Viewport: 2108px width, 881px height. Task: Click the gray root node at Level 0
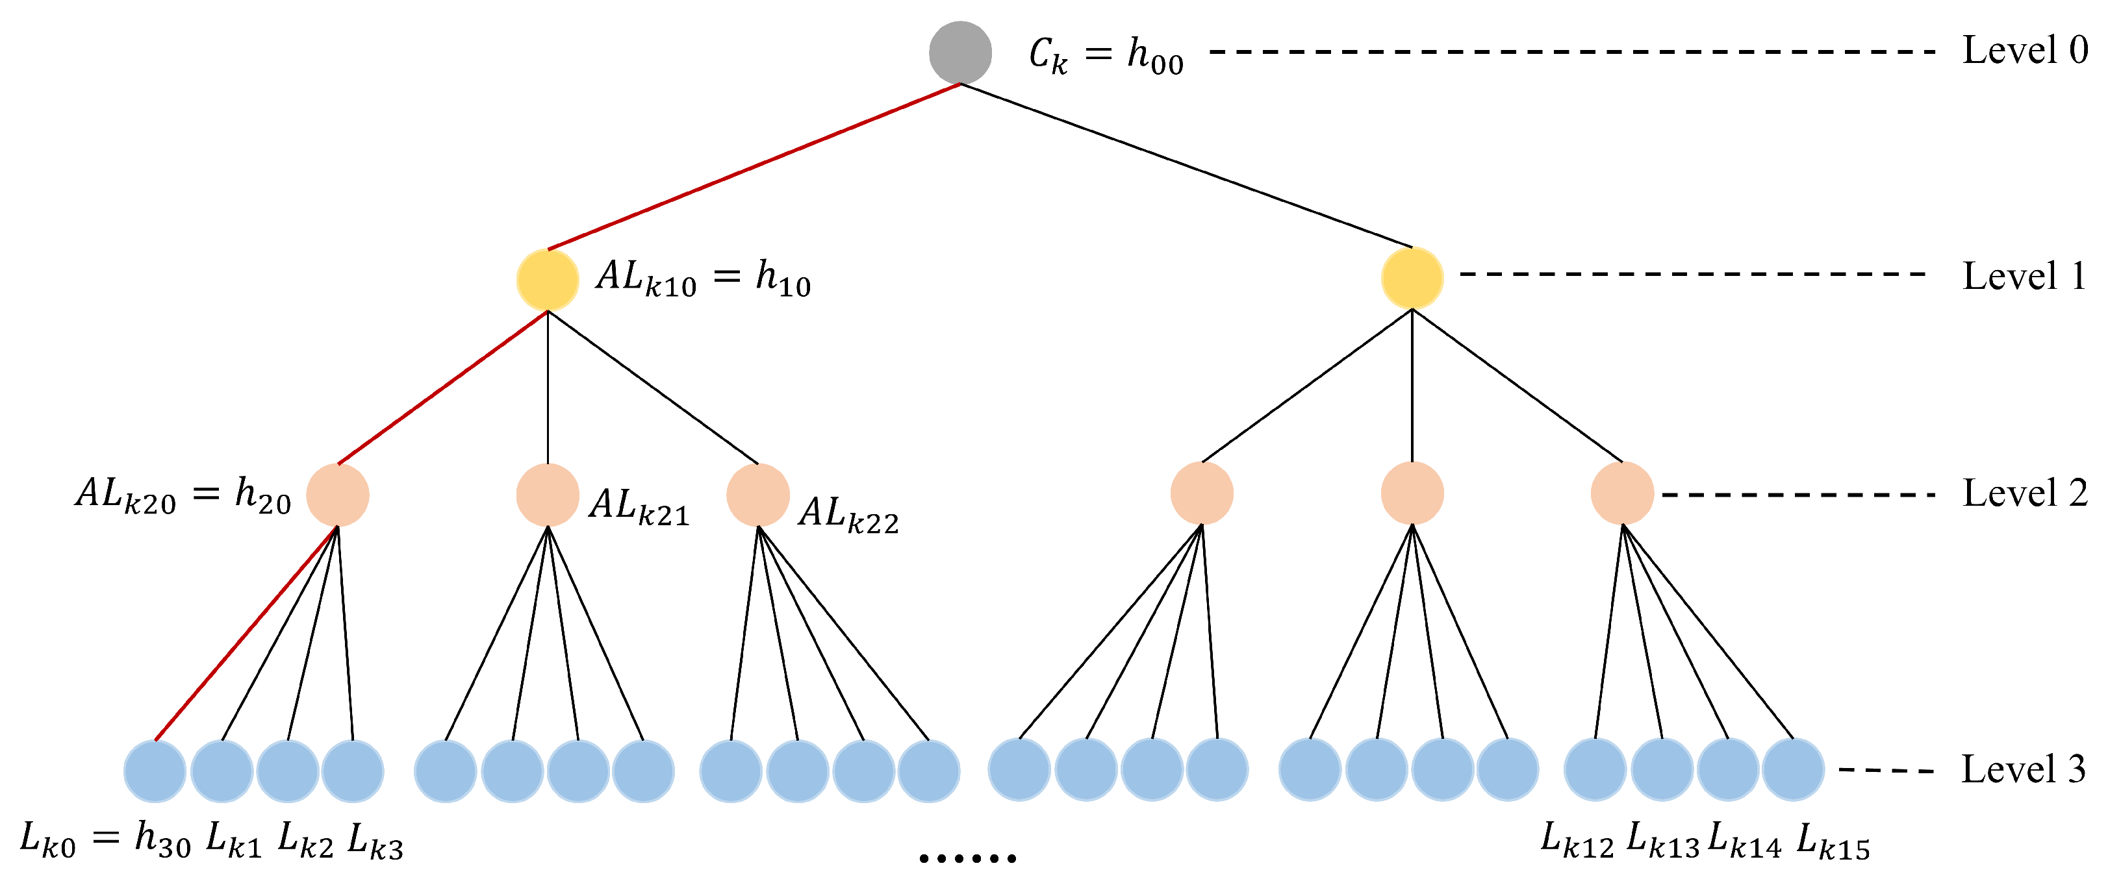[x=960, y=53]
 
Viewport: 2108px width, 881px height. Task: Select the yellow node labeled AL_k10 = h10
[x=548, y=280]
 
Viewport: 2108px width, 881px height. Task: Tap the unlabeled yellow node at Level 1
[x=1412, y=278]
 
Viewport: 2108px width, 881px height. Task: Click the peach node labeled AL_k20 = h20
[x=337, y=495]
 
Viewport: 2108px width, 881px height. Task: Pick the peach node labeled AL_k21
[x=548, y=495]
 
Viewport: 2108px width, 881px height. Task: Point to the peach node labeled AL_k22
[x=757, y=495]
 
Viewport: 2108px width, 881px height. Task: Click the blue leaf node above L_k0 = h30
[x=155, y=771]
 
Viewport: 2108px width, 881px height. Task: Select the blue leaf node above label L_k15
[x=1793, y=769]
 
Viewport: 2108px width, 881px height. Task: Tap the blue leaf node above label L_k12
[x=1595, y=769]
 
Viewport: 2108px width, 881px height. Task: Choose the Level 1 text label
[x=2023, y=277]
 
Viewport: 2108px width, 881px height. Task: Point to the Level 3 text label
[x=2023, y=769]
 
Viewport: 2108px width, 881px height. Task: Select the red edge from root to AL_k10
[x=753, y=167]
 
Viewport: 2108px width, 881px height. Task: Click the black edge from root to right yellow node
[x=1187, y=166]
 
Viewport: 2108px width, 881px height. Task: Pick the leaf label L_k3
[x=375, y=841]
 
